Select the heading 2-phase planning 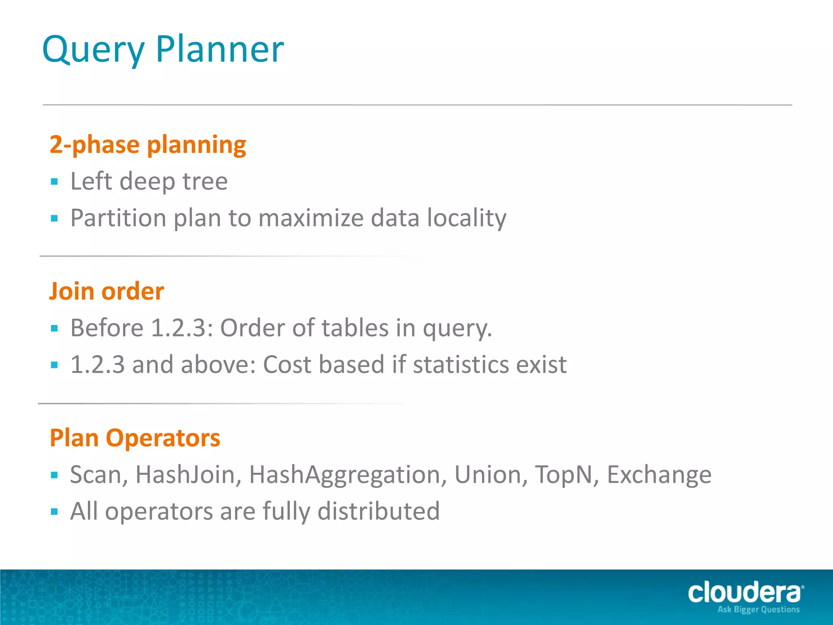coord(148,145)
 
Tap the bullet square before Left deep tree coord(55,181)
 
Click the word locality coord(467,218)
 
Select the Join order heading coord(107,291)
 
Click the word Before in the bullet coord(107,328)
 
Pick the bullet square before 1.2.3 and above coord(55,365)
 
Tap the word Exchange coord(659,475)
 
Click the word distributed coord(378,511)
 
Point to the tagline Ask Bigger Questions coord(759,610)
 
